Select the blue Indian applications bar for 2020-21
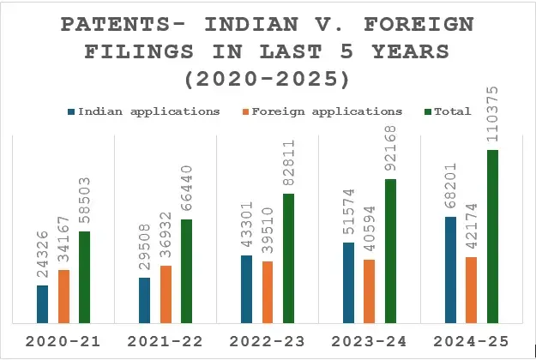[x=43, y=304]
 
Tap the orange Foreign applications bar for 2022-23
[x=268, y=292]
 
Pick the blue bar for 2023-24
[x=348, y=283]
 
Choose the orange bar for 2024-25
[x=472, y=290]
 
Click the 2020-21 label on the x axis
[x=62, y=342]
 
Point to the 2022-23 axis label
[x=267, y=342]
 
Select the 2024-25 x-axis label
[x=472, y=342]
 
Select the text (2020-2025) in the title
[x=268, y=80]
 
